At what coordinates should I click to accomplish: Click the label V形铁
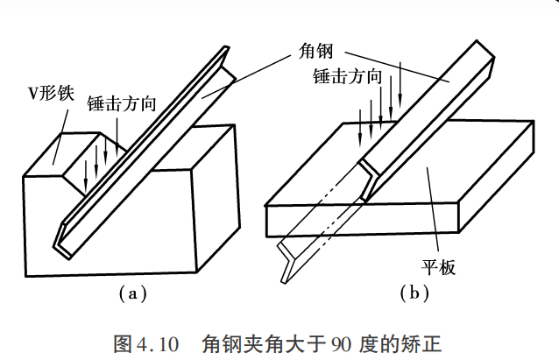click(51, 94)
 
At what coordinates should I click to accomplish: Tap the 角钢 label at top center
click(316, 51)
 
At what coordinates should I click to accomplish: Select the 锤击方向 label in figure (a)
click(122, 103)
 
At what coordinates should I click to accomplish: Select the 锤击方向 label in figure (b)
click(348, 76)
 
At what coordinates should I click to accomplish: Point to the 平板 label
click(438, 266)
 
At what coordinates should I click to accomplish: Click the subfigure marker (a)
click(132, 293)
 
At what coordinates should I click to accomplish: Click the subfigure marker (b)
click(414, 293)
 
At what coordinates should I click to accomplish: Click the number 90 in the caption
click(341, 344)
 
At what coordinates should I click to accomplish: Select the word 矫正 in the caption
click(423, 344)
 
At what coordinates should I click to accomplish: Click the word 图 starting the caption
click(123, 344)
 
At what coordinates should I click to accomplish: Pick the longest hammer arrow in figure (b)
click(400, 84)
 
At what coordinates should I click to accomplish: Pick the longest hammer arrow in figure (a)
click(117, 138)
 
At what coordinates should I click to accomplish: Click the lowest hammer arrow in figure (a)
click(86, 176)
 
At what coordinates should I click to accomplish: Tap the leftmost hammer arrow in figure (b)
click(360, 129)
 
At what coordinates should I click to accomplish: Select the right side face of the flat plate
click(496, 176)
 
